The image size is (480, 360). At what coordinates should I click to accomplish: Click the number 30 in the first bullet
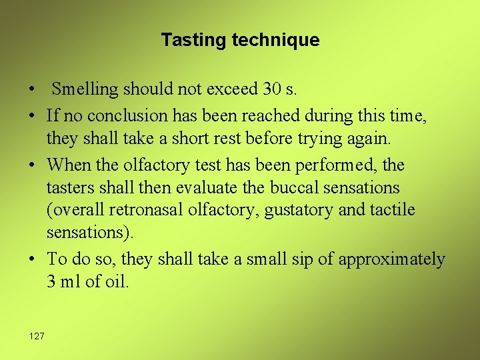[x=271, y=89]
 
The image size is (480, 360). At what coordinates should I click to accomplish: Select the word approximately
[x=391, y=259]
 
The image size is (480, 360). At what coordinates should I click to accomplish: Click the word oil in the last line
[x=115, y=282]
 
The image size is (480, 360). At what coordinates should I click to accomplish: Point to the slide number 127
[x=37, y=336]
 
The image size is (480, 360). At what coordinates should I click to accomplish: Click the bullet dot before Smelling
[x=32, y=89]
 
